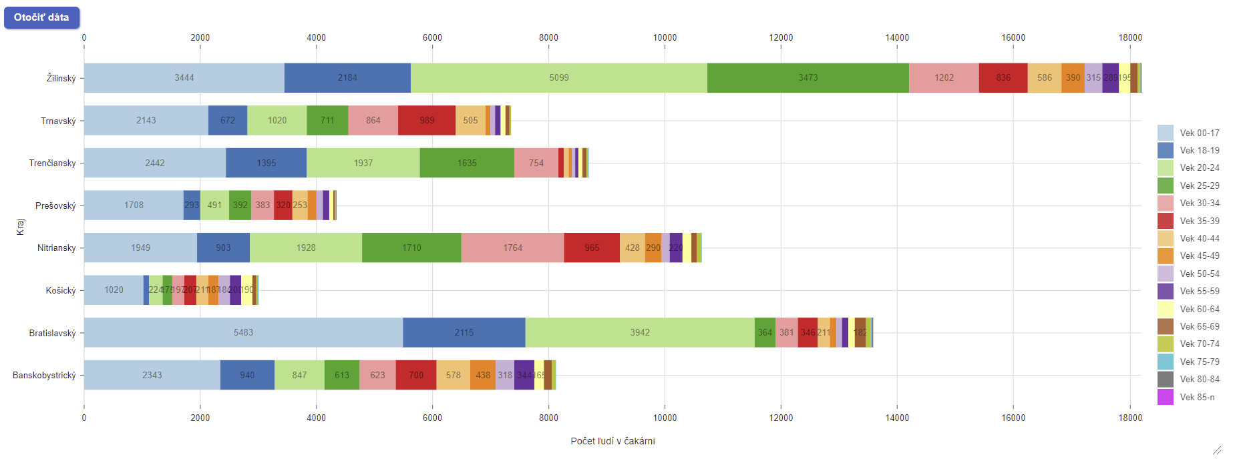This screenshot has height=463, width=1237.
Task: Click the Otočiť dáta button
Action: [x=41, y=17]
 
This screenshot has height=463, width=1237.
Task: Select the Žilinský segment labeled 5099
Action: [x=559, y=78]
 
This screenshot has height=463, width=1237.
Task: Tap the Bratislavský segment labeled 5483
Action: [x=243, y=332]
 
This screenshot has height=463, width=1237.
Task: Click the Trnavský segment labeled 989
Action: [x=427, y=120]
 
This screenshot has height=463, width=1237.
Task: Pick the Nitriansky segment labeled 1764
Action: [x=512, y=248]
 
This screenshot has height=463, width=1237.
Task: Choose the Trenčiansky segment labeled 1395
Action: [x=266, y=163]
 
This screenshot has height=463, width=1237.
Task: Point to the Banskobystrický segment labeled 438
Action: [x=483, y=375]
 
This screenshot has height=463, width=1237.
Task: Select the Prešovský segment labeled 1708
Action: [x=134, y=205]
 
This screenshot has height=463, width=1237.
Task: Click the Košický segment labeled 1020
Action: [x=114, y=290]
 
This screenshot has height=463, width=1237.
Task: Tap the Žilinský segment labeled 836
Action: [x=1003, y=78]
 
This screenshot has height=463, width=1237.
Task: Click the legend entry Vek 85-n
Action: [x=1197, y=397]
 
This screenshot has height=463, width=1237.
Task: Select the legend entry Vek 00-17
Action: [x=1199, y=133]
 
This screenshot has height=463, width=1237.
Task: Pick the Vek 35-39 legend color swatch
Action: [x=1166, y=221]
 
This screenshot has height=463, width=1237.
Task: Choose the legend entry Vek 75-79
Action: [x=1199, y=362]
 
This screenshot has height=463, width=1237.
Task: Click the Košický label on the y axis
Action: [x=61, y=290]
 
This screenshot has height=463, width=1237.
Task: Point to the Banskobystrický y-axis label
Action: [x=44, y=375]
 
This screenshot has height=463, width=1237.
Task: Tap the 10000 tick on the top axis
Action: [x=665, y=37]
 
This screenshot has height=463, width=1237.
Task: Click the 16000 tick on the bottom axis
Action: [x=1013, y=418]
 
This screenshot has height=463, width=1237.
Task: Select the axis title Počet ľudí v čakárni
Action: [x=612, y=441]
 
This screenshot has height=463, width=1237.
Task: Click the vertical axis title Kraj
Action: [x=21, y=227]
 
